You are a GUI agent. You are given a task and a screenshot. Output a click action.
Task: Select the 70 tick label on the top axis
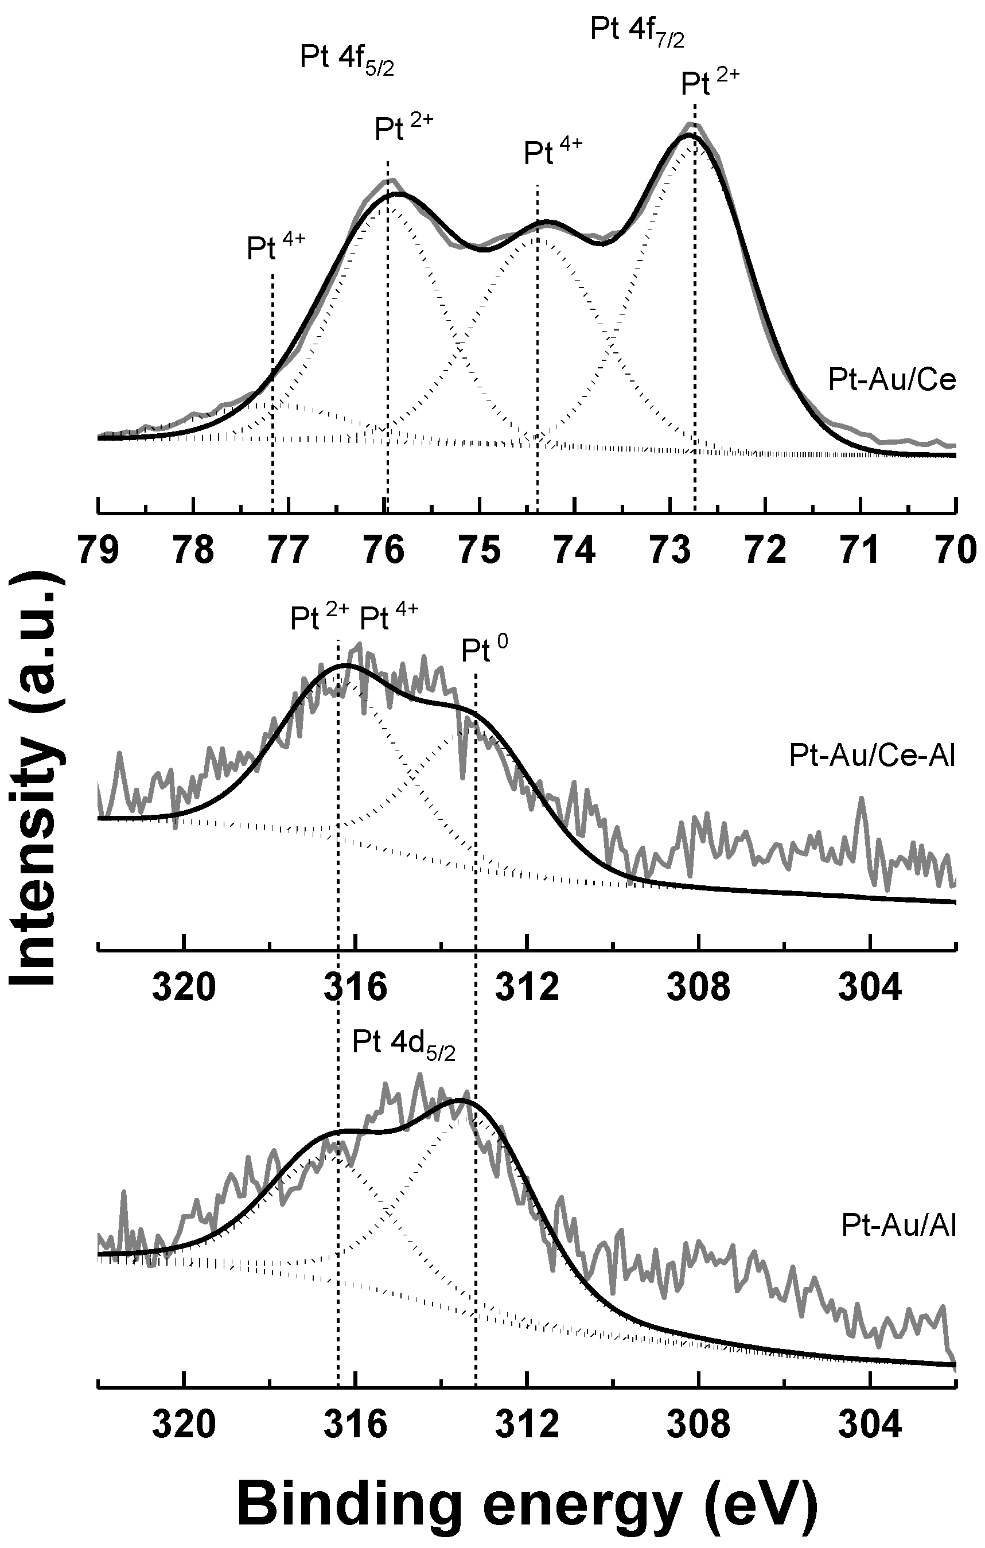(956, 550)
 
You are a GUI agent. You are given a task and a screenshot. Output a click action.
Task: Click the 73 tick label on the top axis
(671, 550)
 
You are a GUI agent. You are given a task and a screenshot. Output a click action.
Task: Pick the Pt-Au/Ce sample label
(891, 380)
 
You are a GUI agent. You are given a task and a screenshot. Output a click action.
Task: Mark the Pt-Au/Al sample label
(898, 1227)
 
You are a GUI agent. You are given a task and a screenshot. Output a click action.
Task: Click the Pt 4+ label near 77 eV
(276, 247)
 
